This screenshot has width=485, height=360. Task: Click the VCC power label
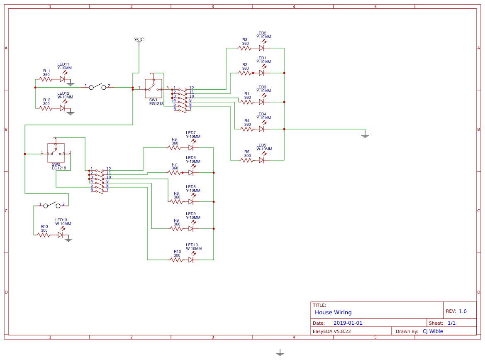pyautogui.click(x=139, y=40)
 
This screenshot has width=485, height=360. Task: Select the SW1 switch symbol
pyautogui.click(x=153, y=88)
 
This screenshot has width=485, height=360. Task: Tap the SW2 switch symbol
pyautogui.click(x=56, y=153)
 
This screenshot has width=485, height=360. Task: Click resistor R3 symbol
pyautogui.click(x=245, y=48)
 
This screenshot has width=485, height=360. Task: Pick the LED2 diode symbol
pyautogui.click(x=261, y=48)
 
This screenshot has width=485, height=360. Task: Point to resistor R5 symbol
pyautogui.click(x=247, y=160)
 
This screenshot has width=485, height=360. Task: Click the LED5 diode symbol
pyautogui.click(x=261, y=160)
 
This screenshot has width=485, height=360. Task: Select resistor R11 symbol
pyautogui.click(x=46, y=79)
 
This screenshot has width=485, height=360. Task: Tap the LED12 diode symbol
pyautogui.click(x=62, y=108)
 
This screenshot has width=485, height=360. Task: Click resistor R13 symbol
pyautogui.click(x=44, y=235)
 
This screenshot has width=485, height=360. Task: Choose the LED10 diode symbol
pyautogui.click(x=191, y=260)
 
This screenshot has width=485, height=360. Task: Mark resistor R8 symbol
pyautogui.click(x=174, y=148)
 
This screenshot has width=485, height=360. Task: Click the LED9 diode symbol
pyautogui.click(x=191, y=229)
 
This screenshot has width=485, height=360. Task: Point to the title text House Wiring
pyautogui.click(x=333, y=313)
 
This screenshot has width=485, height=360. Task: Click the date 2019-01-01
pyautogui.click(x=348, y=323)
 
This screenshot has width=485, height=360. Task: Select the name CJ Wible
pyautogui.click(x=433, y=331)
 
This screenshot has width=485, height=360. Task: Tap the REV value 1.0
pyautogui.click(x=463, y=311)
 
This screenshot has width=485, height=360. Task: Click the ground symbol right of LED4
pyautogui.click(x=365, y=135)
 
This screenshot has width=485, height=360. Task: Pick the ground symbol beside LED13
pyautogui.click(x=68, y=240)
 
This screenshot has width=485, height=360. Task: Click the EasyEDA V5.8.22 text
pyautogui.click(x=331, y=331)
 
